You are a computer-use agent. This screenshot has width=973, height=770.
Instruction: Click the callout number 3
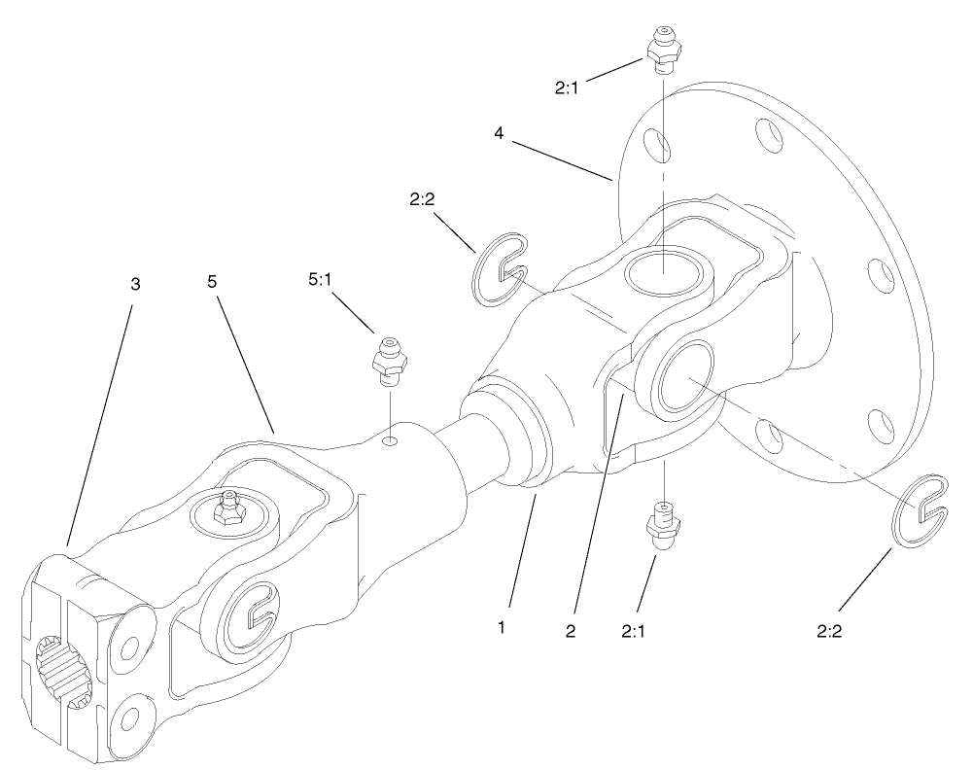tap(135, 284)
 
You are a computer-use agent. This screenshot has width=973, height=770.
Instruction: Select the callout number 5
tap(212, 281)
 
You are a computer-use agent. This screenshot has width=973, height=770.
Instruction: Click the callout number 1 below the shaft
tap(502, 629)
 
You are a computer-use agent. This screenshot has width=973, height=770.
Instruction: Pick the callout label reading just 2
tap(571, 630)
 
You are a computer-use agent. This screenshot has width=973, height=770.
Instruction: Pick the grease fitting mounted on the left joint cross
tap(228, 507)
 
